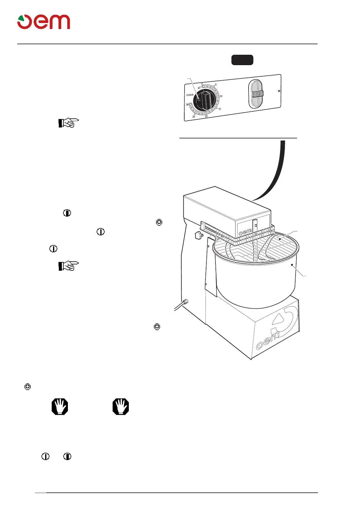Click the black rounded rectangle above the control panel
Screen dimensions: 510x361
click(242, 60)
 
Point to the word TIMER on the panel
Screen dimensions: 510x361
click(190, 95)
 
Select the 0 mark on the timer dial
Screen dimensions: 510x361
click(202, 84)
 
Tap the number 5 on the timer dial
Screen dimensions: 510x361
click(216, 85)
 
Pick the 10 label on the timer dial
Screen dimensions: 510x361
click(221, 96)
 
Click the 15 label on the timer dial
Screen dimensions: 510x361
click(219, 109)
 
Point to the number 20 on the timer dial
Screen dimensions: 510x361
click(206, 116)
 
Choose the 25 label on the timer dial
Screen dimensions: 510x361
click(194, 117)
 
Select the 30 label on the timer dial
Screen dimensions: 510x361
click(187, 104)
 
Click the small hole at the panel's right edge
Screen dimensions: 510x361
click(279, 91)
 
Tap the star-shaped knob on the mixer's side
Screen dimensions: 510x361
click(199, 235)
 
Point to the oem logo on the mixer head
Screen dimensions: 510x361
click(245, 232)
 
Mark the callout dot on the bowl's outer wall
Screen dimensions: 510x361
click(292, 265)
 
